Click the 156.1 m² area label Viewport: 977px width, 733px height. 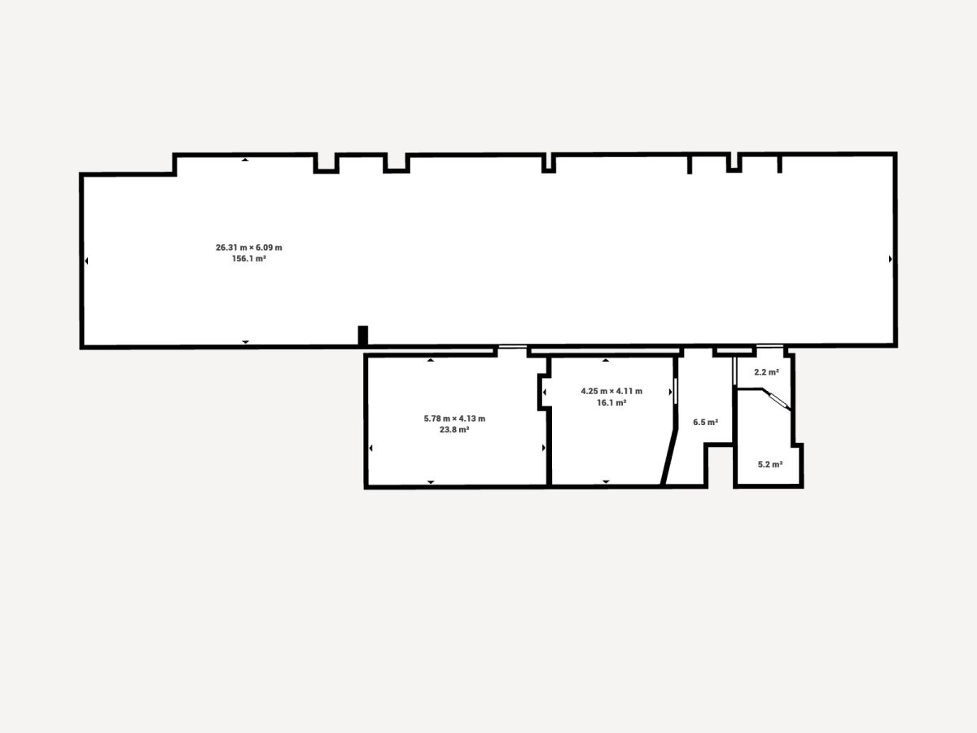click(x=249, y=258)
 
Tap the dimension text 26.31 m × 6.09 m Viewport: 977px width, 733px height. click(x=249, y=248)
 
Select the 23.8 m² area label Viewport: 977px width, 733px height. click(x=454, y=429)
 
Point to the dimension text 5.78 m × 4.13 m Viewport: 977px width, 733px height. click(x=454, y=419)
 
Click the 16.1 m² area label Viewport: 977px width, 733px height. click(x=611, y=402)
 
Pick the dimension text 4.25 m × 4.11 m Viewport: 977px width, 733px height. click(x=611, y=391)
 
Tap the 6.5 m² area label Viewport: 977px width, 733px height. click(x=706, y=422)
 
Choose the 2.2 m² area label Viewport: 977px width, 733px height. click(x=766, y=372)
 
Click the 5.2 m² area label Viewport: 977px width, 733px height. click(x=770, y=464)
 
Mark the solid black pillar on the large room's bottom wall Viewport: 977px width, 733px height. click(x=363, y=336)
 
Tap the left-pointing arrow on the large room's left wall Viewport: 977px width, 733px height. click(x=86, y=261)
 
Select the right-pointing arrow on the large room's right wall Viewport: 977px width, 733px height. click(x=890, y=259)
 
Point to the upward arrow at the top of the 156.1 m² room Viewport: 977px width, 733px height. click(x=245, y=160)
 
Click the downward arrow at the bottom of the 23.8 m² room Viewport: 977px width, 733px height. click(x=431, y=482)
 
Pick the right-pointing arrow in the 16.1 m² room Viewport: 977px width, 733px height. click(x=670, y=392)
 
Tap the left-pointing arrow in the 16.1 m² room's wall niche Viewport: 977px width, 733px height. click(x=545, y=392)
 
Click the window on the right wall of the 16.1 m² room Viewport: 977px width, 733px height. click(x=675, y=391)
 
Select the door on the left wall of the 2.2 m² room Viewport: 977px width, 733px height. click(x=734, y=371)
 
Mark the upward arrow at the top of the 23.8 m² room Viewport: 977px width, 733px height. click(x=431, y=360)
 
